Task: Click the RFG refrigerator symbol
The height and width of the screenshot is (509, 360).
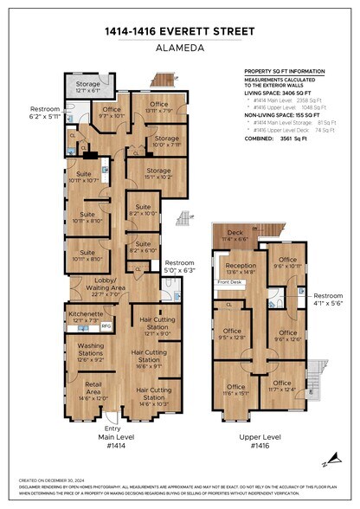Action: pos(106,326)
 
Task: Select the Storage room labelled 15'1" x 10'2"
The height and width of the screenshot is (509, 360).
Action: pos(158,173)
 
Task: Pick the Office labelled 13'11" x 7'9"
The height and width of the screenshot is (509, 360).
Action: pos(158,107)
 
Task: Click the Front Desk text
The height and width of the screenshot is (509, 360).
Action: pos(230,282)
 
